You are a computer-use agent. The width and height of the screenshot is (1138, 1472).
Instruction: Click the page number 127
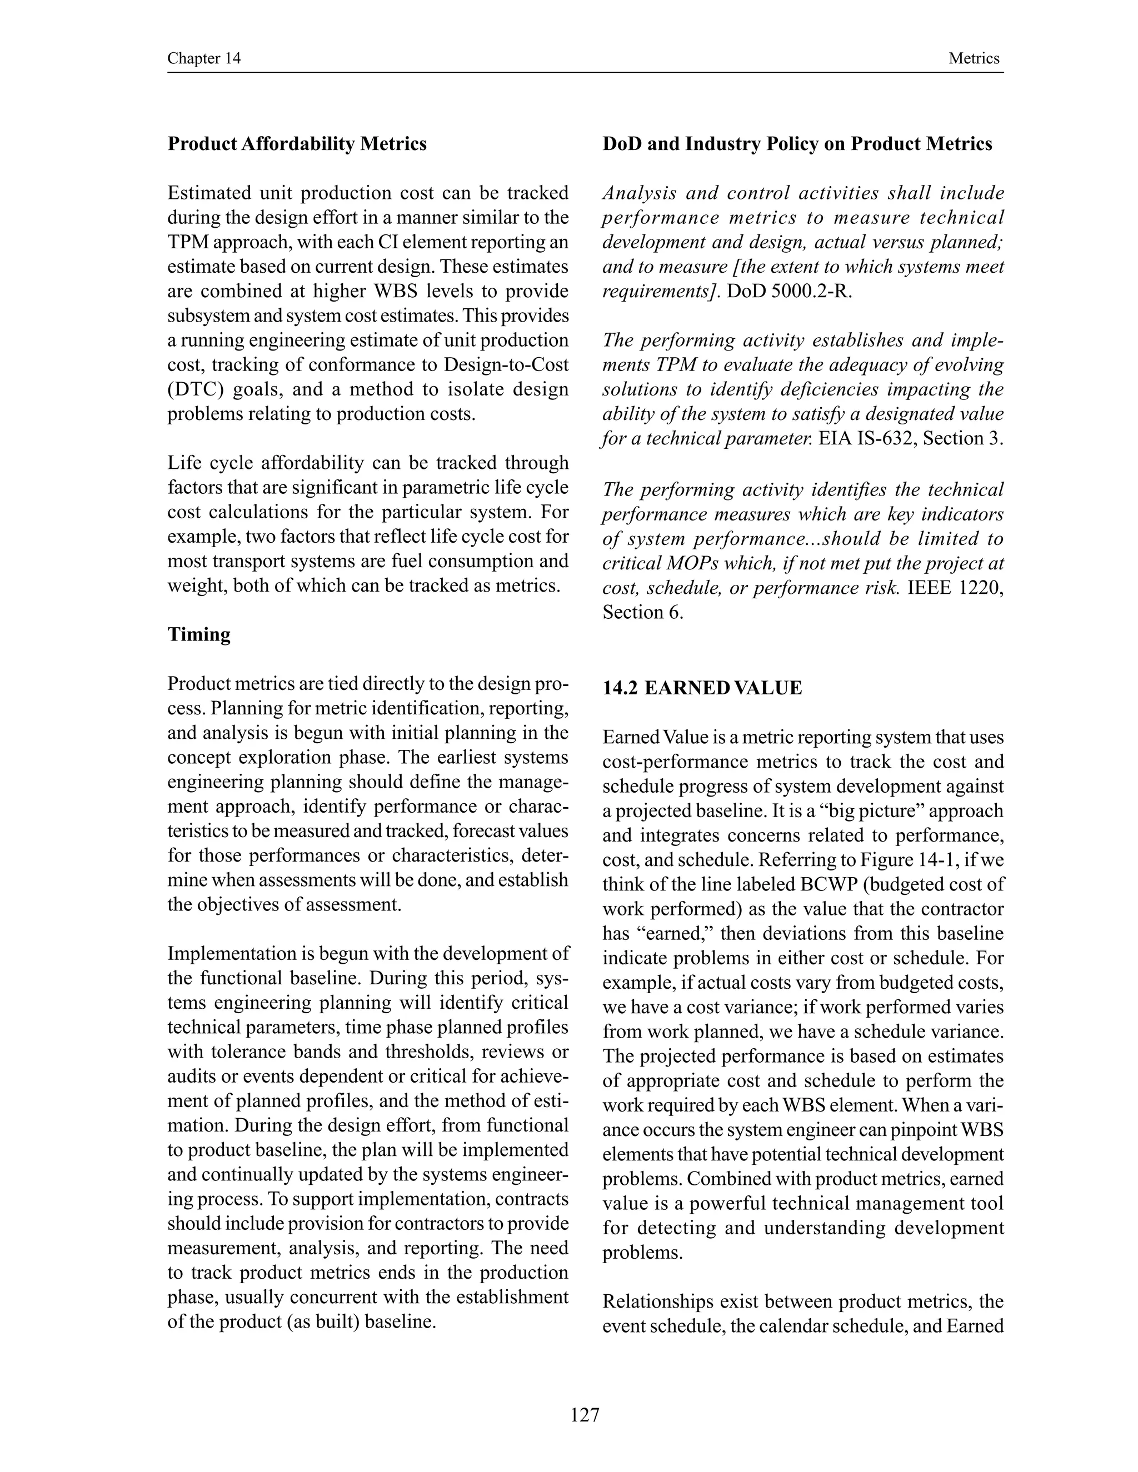[585, 1415]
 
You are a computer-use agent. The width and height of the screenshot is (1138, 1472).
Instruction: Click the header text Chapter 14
[203, 59]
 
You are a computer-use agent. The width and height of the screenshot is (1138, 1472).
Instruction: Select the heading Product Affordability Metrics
[297, 144]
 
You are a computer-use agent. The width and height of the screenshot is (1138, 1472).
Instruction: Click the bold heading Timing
[199, 635]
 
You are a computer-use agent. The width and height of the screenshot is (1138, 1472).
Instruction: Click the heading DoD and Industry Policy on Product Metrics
[797, 144]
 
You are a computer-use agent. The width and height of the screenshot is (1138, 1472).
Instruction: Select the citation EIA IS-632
[867, 439]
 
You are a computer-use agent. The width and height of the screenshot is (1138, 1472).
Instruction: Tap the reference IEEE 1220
[954, 588]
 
